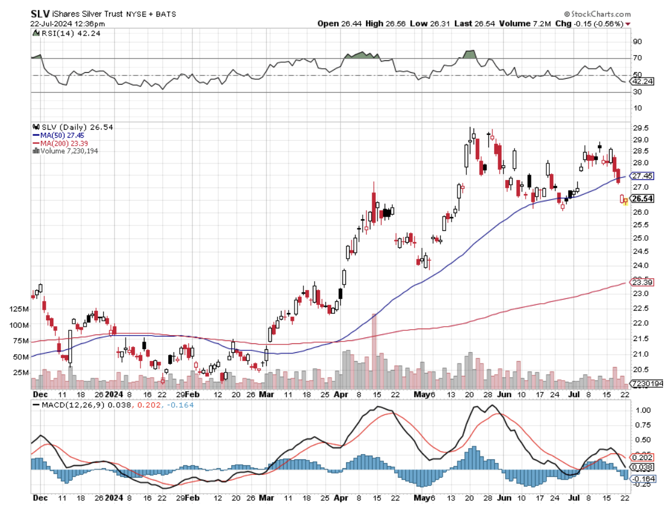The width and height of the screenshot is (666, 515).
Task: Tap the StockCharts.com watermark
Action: [x=599, y=14]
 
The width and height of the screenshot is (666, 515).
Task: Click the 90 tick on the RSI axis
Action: [x=637, y=41]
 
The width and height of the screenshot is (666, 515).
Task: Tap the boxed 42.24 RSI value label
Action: [x=642, y=81]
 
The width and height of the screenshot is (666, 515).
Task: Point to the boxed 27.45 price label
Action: [x=642, y=176]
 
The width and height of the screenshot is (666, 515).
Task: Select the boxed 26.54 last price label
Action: [x=642, y=198]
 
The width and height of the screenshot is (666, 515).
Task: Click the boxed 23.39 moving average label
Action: [x=642, y=282]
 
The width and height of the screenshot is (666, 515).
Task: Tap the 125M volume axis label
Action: [x=20, y=309]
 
